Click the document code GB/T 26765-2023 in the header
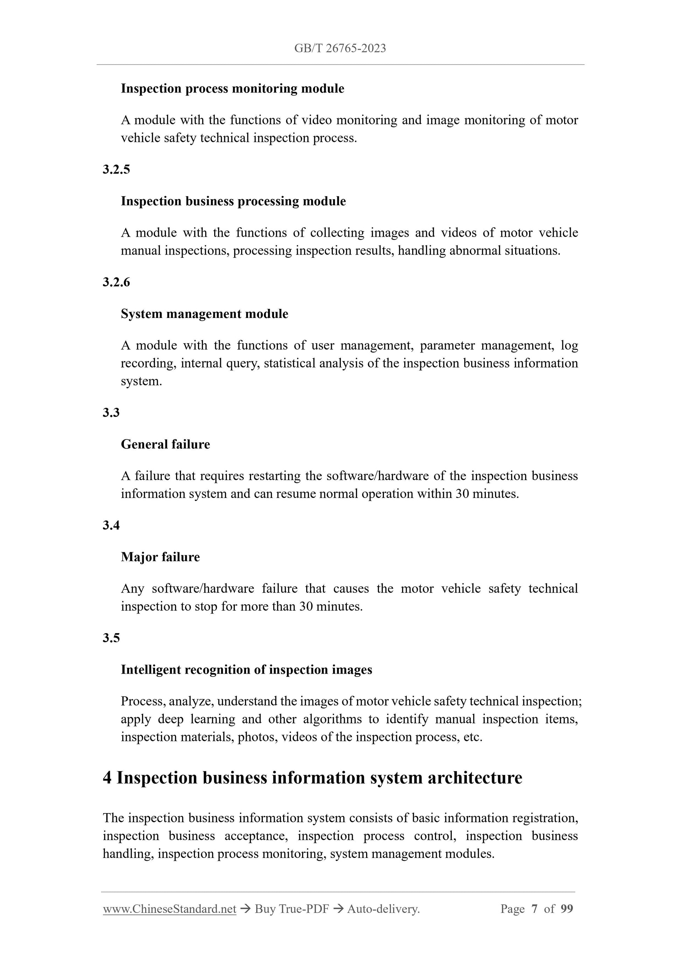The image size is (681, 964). click(340, 49)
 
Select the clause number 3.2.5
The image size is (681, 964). click(116, 169)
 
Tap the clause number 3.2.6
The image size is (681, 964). click(116, 282)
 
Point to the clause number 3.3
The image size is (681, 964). click(111, 413)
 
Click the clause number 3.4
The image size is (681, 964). click(111, 525)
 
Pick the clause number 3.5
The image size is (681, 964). click(111, 638)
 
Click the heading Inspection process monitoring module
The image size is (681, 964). click(232, 89)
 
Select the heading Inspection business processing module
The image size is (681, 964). click(233, 201)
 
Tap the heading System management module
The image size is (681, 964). click(204, 314)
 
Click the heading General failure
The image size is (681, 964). click(165, 444)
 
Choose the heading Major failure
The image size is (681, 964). click(160, 557)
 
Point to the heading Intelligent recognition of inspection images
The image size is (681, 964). click(246, 670)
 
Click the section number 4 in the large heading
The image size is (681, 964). click(107, 778)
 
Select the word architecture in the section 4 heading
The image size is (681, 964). click(475, 778)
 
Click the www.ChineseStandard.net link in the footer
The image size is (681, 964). click(169, 909)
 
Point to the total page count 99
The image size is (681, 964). click(567, 909)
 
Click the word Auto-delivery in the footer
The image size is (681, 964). click(383, 909)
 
